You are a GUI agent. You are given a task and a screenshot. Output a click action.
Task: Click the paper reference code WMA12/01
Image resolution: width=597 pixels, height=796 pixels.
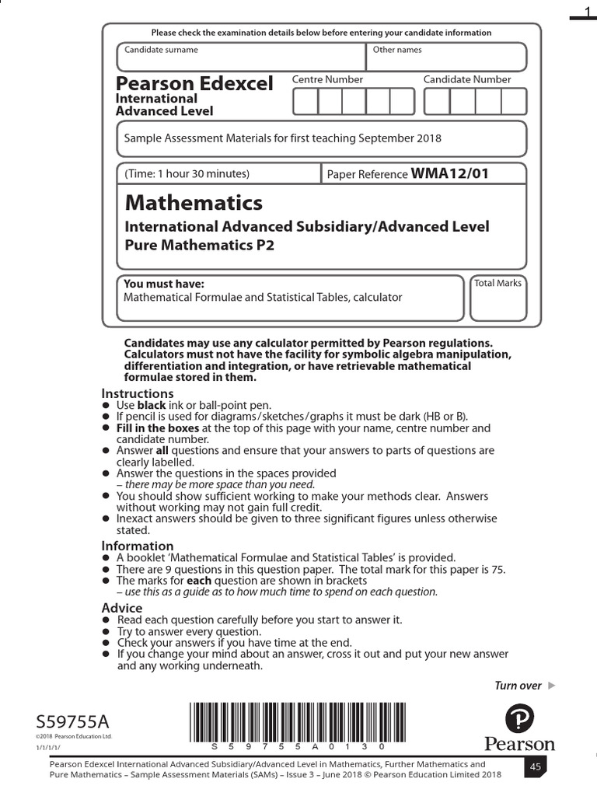(x=449, y=173)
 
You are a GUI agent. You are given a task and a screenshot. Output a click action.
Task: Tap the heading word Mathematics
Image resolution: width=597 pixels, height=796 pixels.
(x=194, y=203)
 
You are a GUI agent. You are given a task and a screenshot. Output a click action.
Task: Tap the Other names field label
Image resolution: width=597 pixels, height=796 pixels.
(x=397, y=50)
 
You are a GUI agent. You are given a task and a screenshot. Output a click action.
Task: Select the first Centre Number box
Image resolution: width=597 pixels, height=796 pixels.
(x=305, y=102)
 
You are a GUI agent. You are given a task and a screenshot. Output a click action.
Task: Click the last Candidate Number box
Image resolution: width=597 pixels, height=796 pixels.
(x=513, y=102)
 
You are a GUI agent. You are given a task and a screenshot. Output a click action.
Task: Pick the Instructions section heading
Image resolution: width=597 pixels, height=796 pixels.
(x=138, y=393)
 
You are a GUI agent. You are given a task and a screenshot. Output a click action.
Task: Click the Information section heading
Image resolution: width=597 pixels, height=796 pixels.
(x=138, y=546)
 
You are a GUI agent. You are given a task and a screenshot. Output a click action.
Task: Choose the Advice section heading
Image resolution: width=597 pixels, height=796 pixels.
(x=122, y=607)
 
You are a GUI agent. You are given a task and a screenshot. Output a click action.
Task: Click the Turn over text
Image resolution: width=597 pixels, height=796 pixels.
(x=518, y=685)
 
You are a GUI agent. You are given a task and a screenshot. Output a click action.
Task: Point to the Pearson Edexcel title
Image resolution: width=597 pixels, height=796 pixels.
(x=194, y=83)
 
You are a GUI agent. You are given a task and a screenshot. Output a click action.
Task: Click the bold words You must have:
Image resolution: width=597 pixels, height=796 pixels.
(x=164, y=284)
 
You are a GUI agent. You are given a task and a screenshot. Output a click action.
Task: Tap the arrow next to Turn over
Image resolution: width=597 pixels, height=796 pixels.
(x=552, y=685)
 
